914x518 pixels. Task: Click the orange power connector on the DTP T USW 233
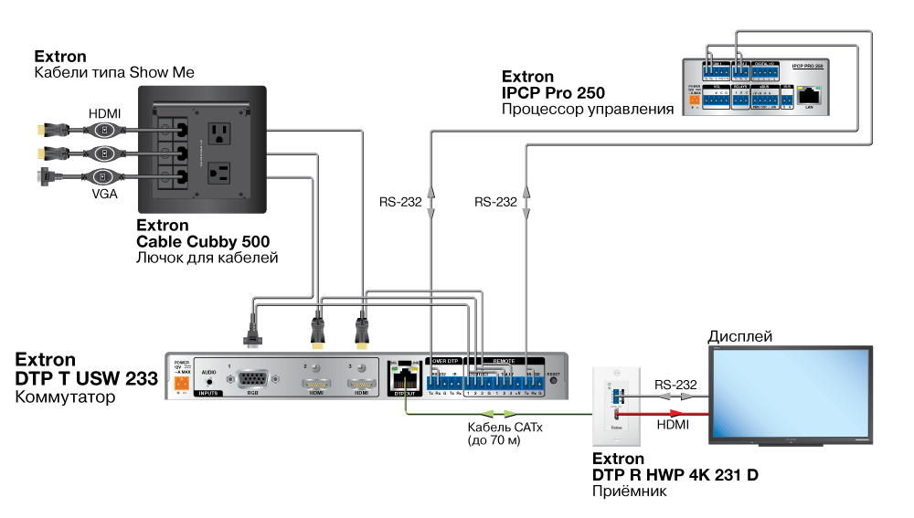coord(180,385)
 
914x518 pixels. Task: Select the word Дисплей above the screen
coord(740,337)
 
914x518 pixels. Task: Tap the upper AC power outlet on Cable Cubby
coord(219,134)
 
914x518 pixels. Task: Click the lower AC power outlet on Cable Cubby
coord(219,174)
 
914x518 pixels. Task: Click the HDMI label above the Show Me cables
coord(103,113)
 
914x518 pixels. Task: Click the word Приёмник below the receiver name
coord(630,492)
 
